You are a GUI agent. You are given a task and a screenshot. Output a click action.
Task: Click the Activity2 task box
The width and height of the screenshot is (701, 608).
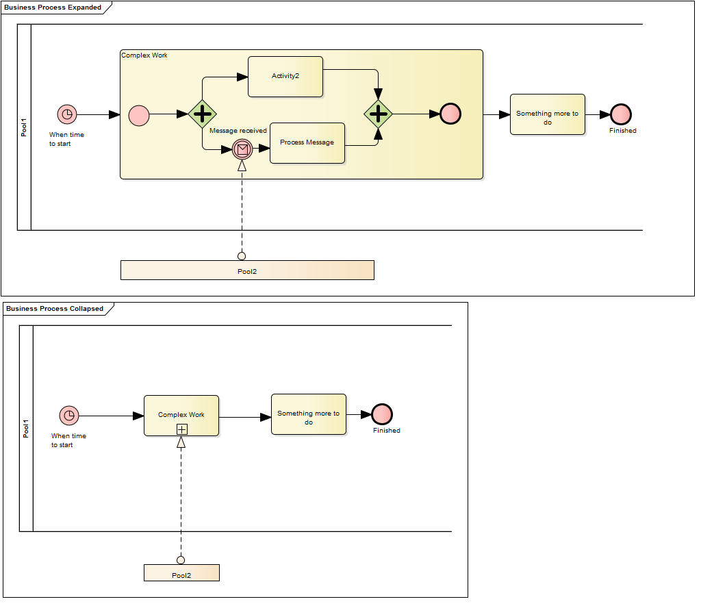pos(285,77)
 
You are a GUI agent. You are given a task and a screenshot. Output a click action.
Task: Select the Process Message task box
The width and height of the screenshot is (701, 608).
pos(307,143)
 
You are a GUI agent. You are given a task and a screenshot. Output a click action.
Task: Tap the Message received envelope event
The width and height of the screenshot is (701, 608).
pos(242,149)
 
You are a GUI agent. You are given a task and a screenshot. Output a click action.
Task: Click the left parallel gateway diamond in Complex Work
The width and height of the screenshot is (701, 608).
pos(202,114)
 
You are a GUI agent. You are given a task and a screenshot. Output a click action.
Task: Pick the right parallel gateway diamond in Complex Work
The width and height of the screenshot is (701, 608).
pos(378,114)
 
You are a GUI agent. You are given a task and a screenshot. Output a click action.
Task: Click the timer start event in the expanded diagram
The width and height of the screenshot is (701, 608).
pos(66,114)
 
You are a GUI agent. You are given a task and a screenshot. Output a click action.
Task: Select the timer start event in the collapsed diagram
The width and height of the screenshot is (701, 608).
pos(68,416)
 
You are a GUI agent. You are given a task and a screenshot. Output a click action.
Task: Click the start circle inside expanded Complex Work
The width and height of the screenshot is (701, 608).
pos(139,114)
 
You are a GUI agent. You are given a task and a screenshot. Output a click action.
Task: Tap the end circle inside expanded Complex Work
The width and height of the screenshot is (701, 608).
pos(450,114)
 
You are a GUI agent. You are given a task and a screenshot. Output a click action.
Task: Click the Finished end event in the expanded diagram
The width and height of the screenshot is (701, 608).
pos(621,114)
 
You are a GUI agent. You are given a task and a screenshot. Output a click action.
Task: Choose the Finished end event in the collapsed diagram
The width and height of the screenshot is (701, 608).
pos(382,414)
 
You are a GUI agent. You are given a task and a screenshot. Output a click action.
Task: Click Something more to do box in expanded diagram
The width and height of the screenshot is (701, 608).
pos(548,114)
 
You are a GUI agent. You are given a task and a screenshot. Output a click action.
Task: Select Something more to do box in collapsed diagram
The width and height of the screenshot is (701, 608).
pos(309,414)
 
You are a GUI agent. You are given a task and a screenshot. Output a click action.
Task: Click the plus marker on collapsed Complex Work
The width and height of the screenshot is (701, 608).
pos(181,429)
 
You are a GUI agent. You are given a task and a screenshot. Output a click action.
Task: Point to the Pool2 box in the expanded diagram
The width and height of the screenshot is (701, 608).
pos(247,270)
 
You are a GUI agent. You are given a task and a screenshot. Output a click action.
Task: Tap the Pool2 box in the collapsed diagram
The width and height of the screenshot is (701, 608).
pos(181,573)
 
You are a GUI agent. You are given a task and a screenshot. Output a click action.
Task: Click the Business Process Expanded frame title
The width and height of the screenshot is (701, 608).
pos(53,8)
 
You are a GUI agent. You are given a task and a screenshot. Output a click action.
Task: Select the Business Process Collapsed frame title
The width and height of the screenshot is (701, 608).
pos(55,309)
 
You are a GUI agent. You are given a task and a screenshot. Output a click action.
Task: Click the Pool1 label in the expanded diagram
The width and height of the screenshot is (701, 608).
pos(24,127)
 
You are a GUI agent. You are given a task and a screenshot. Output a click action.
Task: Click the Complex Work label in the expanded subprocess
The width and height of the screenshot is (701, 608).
pos(144,55)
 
